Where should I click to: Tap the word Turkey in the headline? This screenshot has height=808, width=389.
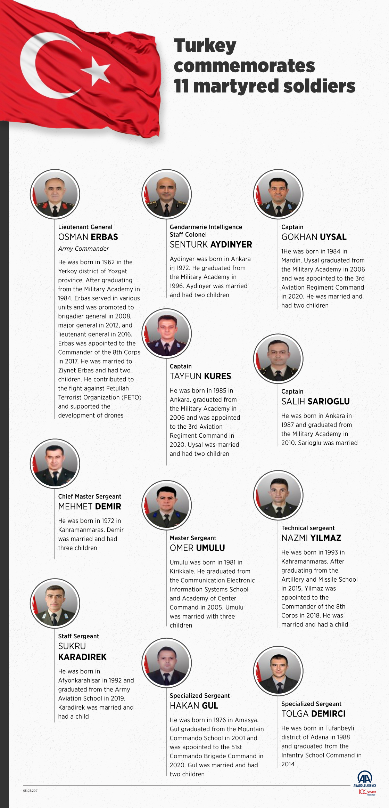point(205,46)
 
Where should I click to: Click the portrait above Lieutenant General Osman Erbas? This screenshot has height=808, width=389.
point(55,194)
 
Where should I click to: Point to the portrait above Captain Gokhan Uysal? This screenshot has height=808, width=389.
point(278,194)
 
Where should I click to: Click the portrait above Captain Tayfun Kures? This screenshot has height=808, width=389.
point(167,333)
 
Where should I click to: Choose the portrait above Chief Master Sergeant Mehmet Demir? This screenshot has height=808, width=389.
point(55,463)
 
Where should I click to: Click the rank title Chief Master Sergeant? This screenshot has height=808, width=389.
point(90,496)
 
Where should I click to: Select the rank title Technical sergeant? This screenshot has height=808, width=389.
point(308,528)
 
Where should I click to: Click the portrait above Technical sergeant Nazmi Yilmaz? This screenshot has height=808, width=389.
point(278,495)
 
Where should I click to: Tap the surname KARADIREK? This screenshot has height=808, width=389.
point(82,657)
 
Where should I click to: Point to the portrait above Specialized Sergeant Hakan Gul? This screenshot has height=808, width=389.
point(167,663)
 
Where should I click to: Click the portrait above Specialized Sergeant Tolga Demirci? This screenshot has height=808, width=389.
point(278,671)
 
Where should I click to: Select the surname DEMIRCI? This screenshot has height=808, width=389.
point(328,714)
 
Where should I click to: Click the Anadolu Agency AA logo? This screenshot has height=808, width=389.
point(365,777)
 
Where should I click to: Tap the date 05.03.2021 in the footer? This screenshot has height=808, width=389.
point(31,791)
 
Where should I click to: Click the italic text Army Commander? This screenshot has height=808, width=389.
point(83,249)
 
